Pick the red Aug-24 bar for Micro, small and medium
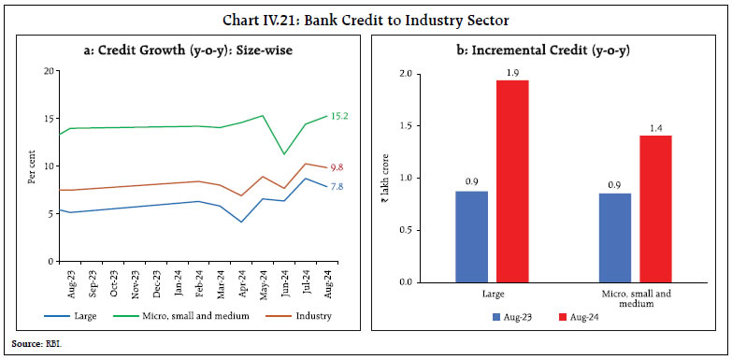point(655,208)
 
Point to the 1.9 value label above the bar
point(512,71)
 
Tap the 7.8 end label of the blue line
point(336,187)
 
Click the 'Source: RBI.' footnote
point(27,346)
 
